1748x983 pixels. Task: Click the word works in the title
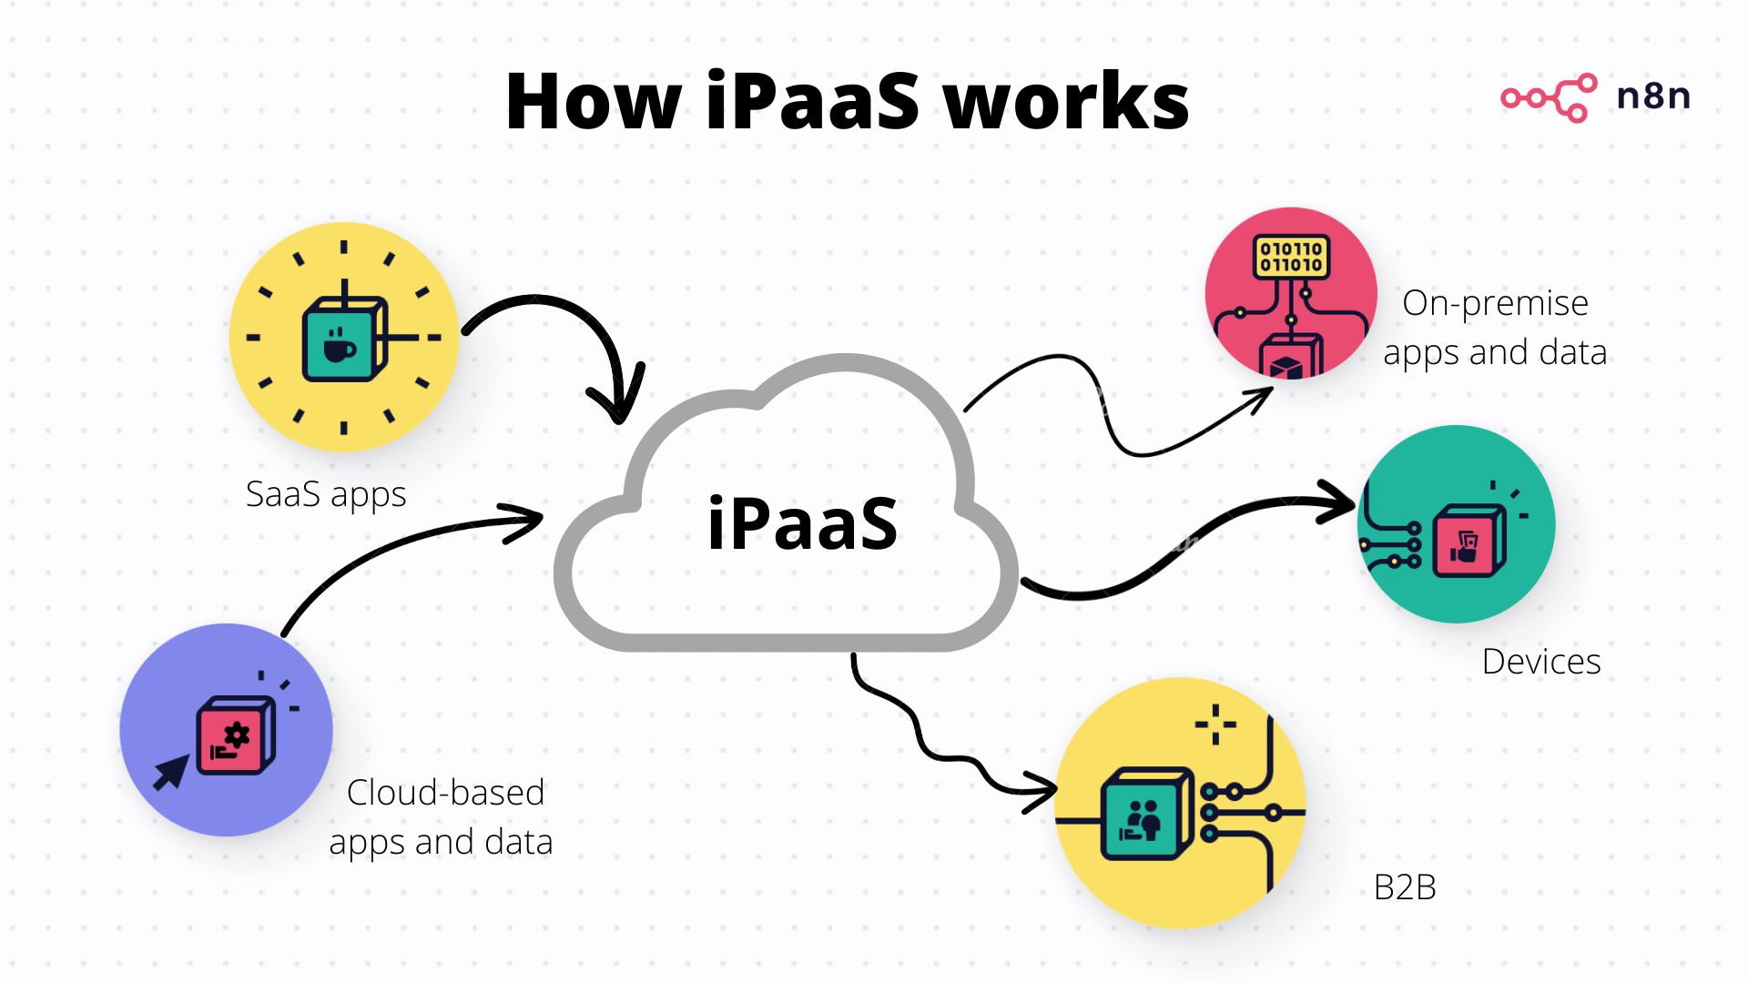coord(1065,102)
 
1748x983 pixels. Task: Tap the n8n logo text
coord(1653,96)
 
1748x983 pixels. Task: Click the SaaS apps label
coord(326,494)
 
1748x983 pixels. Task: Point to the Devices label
coord(1540,662)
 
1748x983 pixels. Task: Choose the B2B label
coord(1405,887)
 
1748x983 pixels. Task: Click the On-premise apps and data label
coord(1495,328)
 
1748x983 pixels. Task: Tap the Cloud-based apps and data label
coord(442,817)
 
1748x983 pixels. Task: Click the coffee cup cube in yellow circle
coord(342,340)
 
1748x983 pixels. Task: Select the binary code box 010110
coord(1291,257)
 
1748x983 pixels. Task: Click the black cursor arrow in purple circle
coord(169,773)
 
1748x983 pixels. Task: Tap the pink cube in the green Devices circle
coord(1468,543)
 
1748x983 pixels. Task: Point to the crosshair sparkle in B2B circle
coord(1215,725)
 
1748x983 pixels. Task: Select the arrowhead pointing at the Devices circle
coord(1342,502)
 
